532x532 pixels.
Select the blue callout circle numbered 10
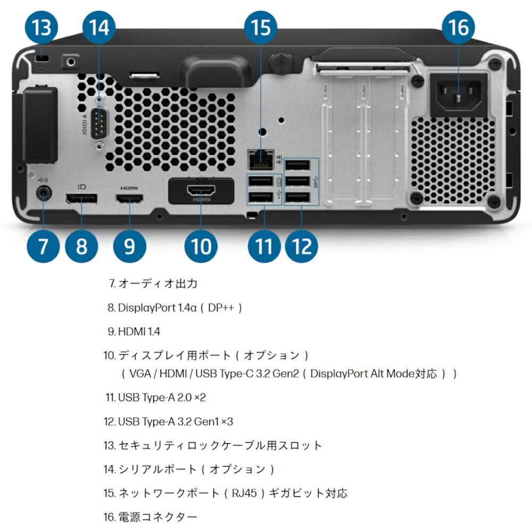pyautogui.click(x=201, y=246)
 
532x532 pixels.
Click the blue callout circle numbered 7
pyautogui.click(x=43, y=246)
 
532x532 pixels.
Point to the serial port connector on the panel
pyautogui.click(x=96, y=123)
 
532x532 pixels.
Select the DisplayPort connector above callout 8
pyautogui.click(x=81, y=199)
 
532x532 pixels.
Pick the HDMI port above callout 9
pyautogui.click(x=129, y=199)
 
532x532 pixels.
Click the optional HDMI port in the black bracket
pyautogui.click(x=201, y=190)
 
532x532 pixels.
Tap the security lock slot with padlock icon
pyautogui.click(x=40, y=58)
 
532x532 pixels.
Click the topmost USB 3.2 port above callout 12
pyautogui.click(x=297, y=165)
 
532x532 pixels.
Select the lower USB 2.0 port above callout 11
pyautogui.click(x=261, y=197)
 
